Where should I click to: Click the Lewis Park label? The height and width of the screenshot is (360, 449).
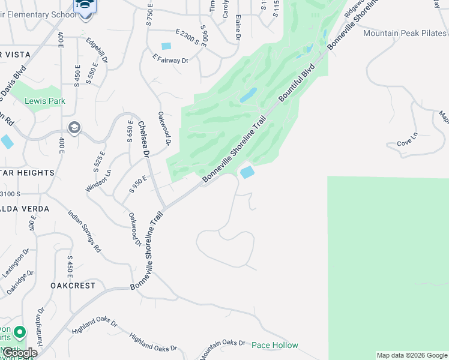(x=44, y=101)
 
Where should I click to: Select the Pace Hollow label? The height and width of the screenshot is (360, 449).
(x=274, y=345)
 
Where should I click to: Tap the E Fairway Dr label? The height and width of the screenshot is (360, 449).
(x=170, y=60)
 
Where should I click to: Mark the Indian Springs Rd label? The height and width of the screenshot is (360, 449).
(x=84, y=231)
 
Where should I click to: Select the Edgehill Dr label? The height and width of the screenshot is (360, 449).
(x=96, y=51)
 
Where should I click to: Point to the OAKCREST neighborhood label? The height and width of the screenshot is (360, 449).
(x=73, y=286)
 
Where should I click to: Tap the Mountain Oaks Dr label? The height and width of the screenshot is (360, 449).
(x=223, y=349)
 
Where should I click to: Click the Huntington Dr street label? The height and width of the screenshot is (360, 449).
(x=41, y=325)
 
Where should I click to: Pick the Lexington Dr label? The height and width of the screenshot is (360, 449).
(x=17, y=265)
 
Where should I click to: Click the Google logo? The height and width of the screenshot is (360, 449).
(x=19, y=353)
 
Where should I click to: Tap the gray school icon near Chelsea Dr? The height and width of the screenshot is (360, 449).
(x=74, y=127)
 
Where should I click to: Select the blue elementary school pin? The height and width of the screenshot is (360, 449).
(x=85, y=7)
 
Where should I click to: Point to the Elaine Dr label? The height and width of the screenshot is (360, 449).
(x=238, y=27)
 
